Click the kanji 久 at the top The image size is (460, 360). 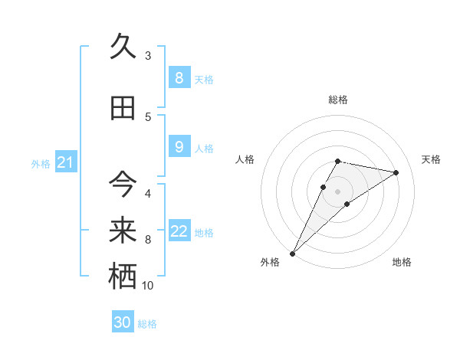point(123,47)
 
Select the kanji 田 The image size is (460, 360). point(123,108)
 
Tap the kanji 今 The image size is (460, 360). point(123,184)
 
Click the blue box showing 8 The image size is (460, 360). point(179,77)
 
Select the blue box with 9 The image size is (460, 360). point(179,147)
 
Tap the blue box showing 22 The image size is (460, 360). point(179,231)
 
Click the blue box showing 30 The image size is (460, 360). point(123,322)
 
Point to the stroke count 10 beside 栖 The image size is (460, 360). point(148,286)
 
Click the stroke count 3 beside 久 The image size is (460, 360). point(148,56)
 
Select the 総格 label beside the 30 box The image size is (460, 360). point(147,324)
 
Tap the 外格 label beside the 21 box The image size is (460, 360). point(41,164)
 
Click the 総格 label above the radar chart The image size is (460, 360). point(337,100)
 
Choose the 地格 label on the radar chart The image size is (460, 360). point(402,262)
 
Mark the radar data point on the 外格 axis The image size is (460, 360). point(292,253)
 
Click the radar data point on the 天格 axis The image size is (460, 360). point(396,172)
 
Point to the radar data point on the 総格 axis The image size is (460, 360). point(337,161)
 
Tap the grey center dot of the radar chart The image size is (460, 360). point(337,191)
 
